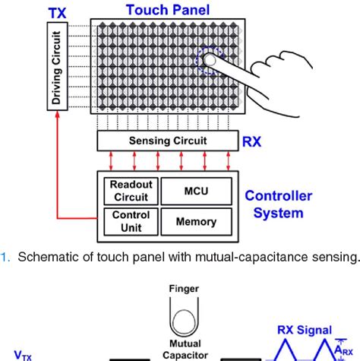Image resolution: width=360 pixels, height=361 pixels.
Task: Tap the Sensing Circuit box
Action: pyautogui.click(x=166, y=141)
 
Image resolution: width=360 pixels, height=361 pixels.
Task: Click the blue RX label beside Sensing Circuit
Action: pyautogui.click(x=252, y=141)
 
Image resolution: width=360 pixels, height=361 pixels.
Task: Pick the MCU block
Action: pyautogui.click(x=196, y=190)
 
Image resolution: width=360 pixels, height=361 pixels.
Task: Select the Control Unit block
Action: pyautogui.click(x=131, y=222)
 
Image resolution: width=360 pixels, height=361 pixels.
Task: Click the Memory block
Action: pyautogui.click(x=196, y=222)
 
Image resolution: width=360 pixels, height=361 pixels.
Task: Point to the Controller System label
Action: pyautogui.click(x=278, y=204)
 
